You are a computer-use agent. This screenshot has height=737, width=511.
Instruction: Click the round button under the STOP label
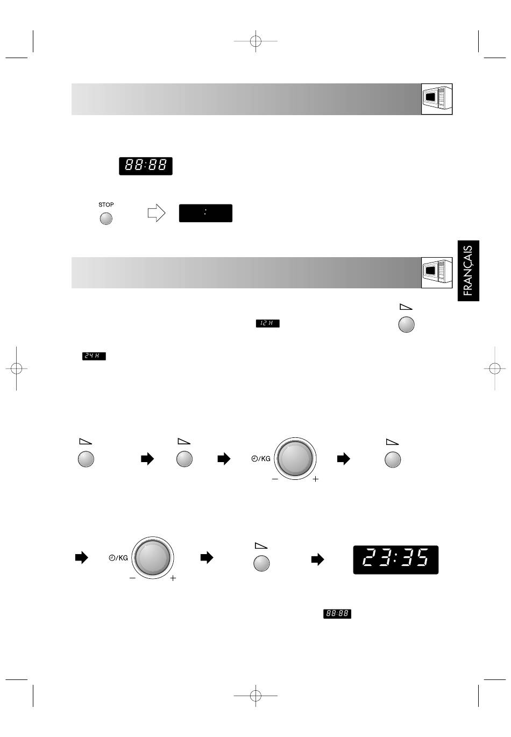[106, 218]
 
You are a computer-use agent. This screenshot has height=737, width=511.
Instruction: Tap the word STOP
[106, 204]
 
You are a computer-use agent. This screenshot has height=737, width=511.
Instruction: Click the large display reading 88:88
[145, 166]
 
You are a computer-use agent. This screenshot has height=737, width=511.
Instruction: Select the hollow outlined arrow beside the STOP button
[157, 213]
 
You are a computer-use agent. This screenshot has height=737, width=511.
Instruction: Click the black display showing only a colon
[205, 213]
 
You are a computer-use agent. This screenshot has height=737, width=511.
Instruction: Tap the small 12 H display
[267, 323]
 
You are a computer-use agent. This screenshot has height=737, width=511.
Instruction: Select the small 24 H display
[94, 356]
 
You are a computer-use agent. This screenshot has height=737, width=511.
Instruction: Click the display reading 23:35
[395, 559]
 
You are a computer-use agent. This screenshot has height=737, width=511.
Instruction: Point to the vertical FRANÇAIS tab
[468, 271]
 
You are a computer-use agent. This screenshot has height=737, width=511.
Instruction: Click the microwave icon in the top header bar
[437, 99]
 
